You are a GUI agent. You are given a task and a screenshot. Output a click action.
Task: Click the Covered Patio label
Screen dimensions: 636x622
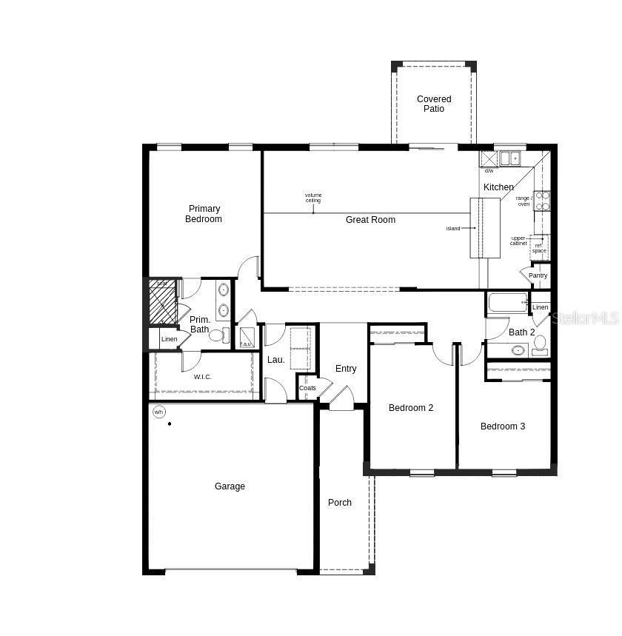click(433, 104)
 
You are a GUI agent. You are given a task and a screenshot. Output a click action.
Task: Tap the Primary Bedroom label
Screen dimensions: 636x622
click(204, 214)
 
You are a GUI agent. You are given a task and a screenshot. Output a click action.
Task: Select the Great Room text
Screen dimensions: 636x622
click(370, 220)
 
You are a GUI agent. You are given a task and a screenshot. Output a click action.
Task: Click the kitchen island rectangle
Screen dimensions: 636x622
click(485, 228)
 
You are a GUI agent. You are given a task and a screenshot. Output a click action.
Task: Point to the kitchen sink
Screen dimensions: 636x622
click(509, 158)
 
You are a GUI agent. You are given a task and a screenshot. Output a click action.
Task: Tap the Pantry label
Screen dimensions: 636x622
click(538, 275)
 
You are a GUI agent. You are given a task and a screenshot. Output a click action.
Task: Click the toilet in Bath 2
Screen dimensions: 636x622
click(539, 343)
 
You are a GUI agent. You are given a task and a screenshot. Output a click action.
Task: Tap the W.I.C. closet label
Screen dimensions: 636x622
click(203, 377)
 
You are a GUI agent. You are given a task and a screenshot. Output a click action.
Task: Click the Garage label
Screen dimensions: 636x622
click(230, 486)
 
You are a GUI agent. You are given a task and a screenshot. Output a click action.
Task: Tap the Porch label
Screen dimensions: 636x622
click(340, 503)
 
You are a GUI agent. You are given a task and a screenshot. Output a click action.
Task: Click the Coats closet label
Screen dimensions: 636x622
click(307, 388)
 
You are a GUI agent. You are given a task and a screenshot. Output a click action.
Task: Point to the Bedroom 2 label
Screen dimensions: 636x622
click(411, 408)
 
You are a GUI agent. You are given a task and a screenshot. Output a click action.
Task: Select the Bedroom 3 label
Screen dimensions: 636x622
click(503, 426)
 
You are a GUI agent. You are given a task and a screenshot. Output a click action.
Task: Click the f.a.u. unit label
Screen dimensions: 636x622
click(246, 344)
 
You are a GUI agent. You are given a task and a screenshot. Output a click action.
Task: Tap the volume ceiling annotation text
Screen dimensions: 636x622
click(313, 198)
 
